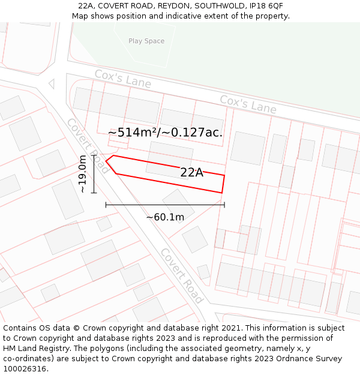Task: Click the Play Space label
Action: click(x=146, y=41)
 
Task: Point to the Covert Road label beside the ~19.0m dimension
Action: click(x=88, y=146)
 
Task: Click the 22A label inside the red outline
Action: click(x=191, y=173)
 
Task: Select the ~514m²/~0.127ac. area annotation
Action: click(x=165, y=133)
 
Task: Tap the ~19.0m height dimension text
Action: click(x=82, y=174)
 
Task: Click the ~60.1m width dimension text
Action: click(x=165, y=217)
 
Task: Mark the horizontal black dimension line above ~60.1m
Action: click(x=165, y=205)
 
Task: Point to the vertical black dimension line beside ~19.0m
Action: click(x=94, y=174)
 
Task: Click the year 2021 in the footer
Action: click(x=231, y=328)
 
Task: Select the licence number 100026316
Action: click(x=26, y=369)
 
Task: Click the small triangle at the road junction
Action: click(x=52, y=84)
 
